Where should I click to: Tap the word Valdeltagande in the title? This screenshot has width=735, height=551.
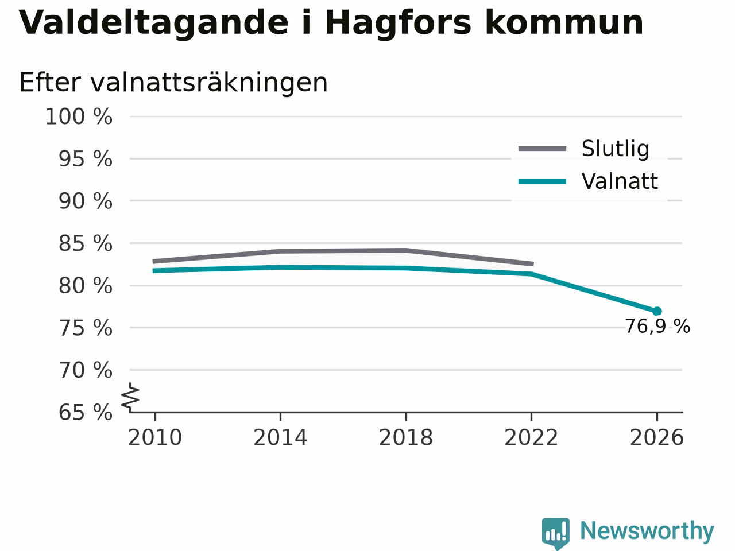coord(153,23)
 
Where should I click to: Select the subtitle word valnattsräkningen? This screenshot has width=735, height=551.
coord(209,83)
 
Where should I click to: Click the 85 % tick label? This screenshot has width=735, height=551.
coord(86,243)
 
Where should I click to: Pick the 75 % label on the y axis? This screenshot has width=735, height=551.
coord(86,328)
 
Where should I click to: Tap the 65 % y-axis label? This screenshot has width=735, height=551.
coord(86,412)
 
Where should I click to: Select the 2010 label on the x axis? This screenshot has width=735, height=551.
coord(155,437)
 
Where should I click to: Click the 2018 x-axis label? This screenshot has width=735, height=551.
coord(406,437)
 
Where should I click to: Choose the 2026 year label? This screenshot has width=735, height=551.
coord(657,437)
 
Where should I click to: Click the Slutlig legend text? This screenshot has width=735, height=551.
coord(616,149)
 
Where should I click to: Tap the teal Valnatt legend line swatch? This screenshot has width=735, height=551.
coord(543,182)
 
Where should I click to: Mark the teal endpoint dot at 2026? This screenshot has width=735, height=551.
coord(657,311)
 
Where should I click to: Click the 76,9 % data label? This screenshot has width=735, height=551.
coord(657,326)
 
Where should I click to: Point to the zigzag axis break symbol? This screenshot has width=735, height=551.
coord(130,397)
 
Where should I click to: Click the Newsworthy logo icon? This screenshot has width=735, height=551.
coord(556,533)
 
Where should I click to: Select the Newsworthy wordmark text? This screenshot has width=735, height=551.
coord(647,530)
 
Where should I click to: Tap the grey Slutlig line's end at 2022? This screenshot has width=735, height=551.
coord(533,264)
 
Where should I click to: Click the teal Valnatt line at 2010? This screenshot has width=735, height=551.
coord(154,271)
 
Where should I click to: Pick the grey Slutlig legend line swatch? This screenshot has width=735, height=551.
coord(543,149)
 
